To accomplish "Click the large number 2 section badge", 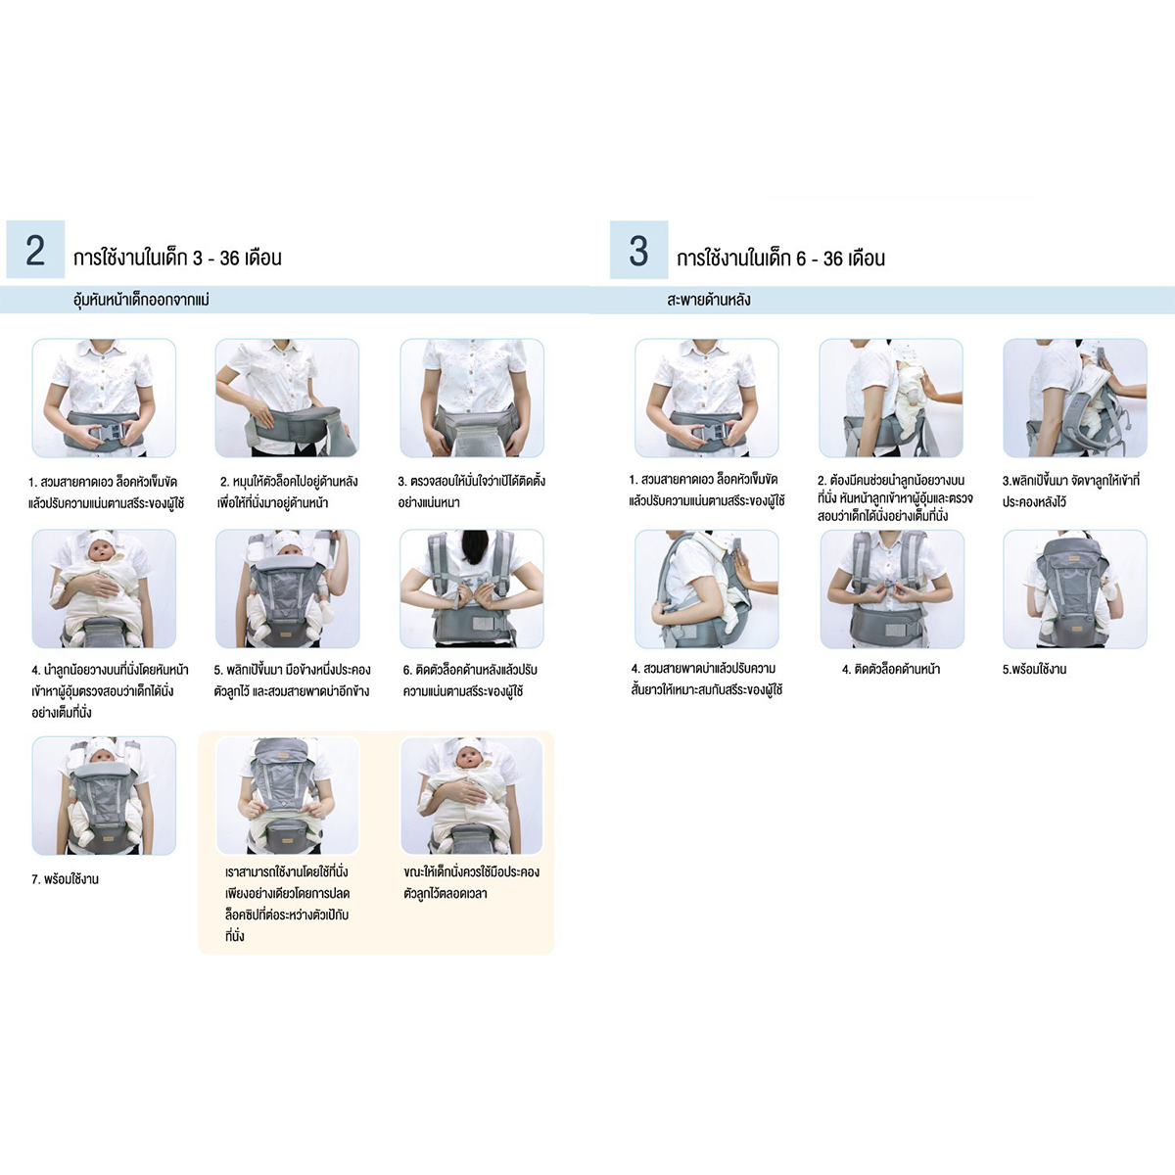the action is point(35,250).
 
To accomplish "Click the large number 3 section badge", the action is point(638,250).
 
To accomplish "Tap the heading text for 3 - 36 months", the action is point(177,258).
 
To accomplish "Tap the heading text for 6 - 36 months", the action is point(781,258).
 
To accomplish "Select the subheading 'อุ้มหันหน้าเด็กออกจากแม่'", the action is point(141,300).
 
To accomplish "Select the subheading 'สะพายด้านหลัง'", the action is point(709,300).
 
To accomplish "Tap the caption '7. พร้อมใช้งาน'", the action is point(66,879).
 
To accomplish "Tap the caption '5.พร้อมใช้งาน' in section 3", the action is point(1035,669).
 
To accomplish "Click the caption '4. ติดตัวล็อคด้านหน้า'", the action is point(891,669).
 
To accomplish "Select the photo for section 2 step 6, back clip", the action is point(471,588).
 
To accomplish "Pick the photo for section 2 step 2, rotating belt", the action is point(287,398).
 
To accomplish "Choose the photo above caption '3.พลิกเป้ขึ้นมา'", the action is point(1075,398).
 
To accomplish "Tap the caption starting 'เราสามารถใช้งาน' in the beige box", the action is point(287,904).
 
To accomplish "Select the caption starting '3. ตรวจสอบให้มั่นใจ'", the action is point(471,492).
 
